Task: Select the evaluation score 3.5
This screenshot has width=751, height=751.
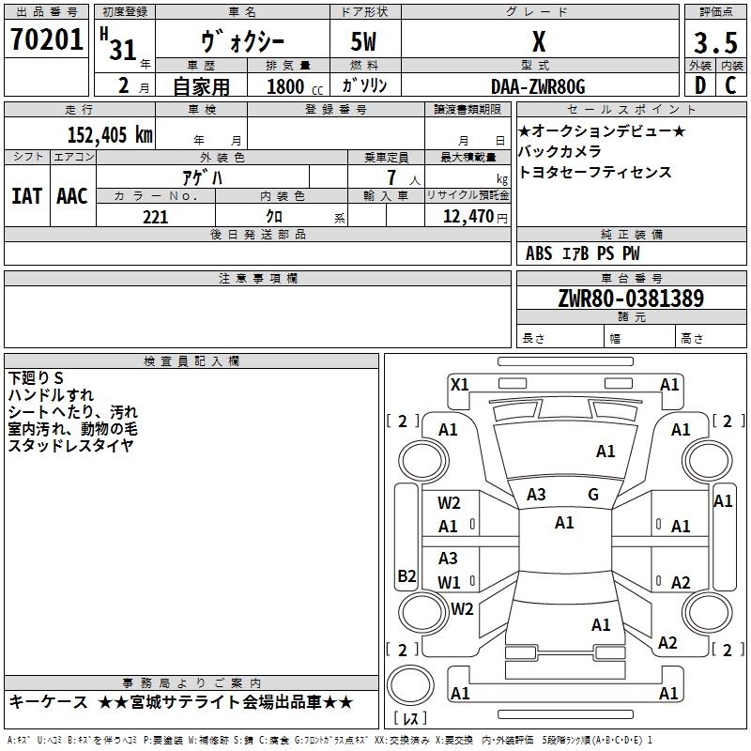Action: [x=713, y=43]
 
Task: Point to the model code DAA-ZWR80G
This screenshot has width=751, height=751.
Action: [x=538, y=86]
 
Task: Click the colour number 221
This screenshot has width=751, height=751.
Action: [x=155, y=217]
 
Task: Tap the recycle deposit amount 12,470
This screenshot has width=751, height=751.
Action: [x=467, y=217]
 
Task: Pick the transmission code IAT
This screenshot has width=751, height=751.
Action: [x=26, y=196]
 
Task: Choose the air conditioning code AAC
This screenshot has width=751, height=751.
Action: [x=72, y=196]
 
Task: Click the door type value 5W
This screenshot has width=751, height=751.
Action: [x=366, y=43]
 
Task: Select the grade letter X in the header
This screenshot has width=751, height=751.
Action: [x=538, y=43]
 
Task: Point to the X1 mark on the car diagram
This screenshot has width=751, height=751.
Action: [x=460, y=383]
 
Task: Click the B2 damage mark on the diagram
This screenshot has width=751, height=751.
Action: [x=406, y=576]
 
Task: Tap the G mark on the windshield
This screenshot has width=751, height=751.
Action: [x=593, y=494]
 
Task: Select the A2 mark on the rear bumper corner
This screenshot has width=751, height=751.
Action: [x=667, y=643]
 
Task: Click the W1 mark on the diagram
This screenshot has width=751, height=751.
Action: [x=449, y=582]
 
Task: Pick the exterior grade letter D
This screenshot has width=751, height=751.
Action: [x=698, y=86]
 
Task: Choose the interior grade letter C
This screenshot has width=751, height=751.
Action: [x=730, y=86]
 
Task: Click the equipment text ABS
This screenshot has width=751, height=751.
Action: [x=539, y=253]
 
